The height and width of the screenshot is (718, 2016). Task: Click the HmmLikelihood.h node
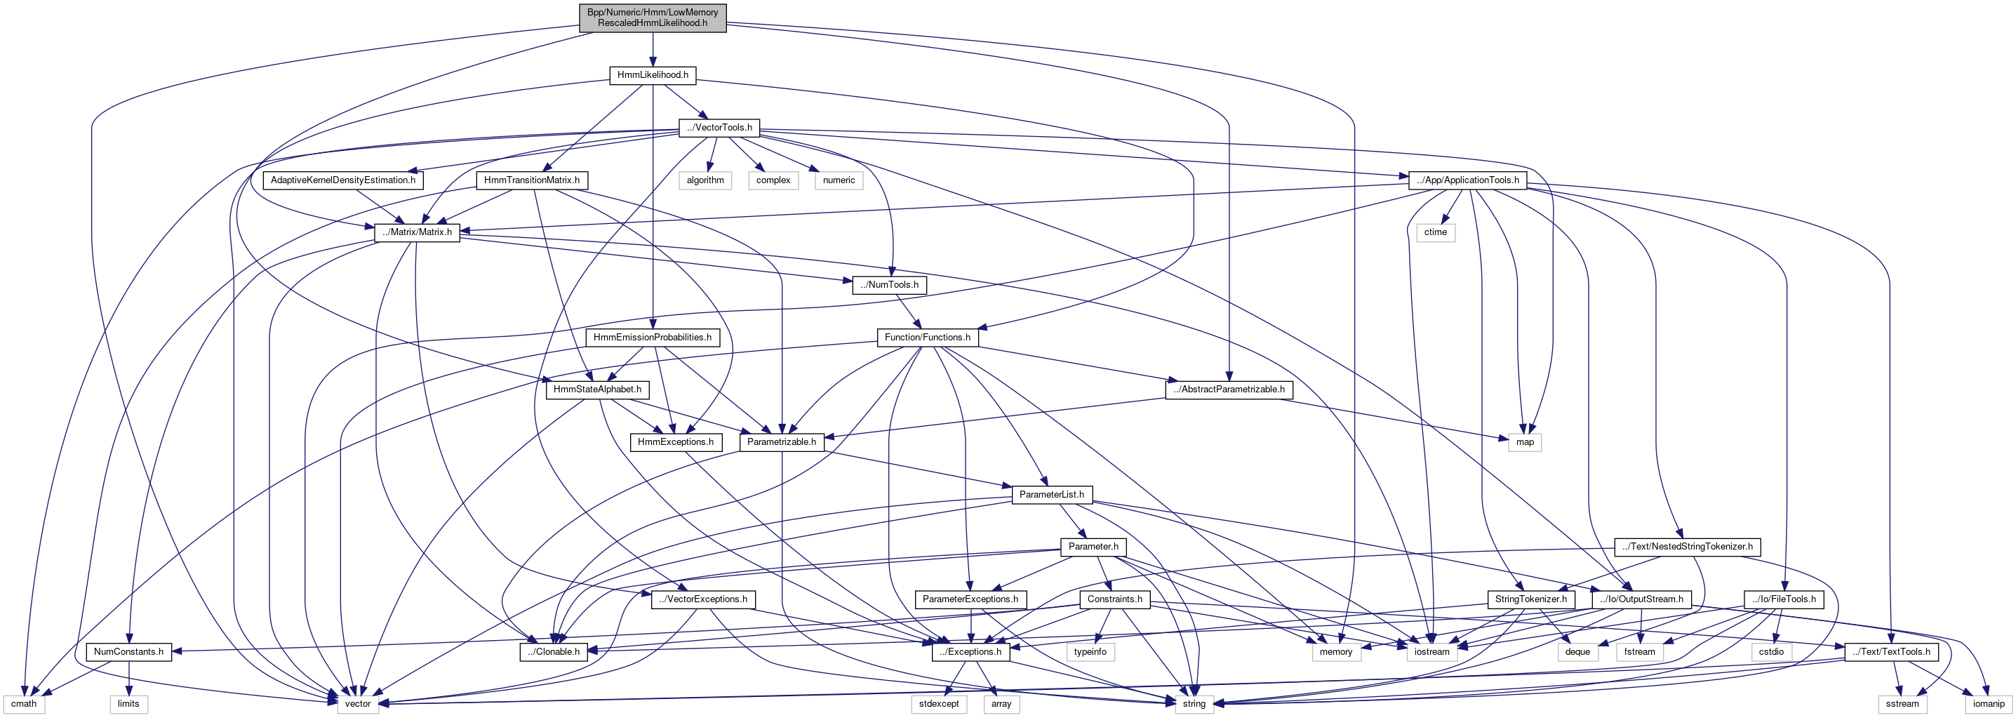coord(653,75)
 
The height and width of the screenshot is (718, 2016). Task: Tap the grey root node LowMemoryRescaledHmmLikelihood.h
coord(653,18)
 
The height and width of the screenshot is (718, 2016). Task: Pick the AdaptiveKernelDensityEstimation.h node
coord(342,180)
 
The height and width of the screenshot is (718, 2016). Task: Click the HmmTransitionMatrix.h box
coord(531,180)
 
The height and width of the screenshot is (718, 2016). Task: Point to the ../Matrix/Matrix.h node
coord(417,232)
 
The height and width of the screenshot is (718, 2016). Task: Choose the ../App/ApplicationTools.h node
coord(1467,180)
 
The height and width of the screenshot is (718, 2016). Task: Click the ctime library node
coord(1435,232)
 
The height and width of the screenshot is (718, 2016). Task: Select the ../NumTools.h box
coord(889,285)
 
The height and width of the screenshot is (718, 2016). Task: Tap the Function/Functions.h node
coord(927,338)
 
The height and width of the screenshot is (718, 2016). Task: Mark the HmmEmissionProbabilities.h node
coord(652,338)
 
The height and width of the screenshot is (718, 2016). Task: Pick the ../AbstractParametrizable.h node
coord(1229,389)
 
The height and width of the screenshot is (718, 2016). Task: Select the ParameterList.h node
coord(1051,495)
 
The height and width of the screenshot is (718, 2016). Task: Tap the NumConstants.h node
coord(128,651)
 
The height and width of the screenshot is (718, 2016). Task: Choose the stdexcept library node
coord(938,704)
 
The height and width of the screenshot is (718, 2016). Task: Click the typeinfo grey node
coord(1090,651)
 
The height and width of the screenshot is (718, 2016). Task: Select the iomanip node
coord(1989,704)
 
